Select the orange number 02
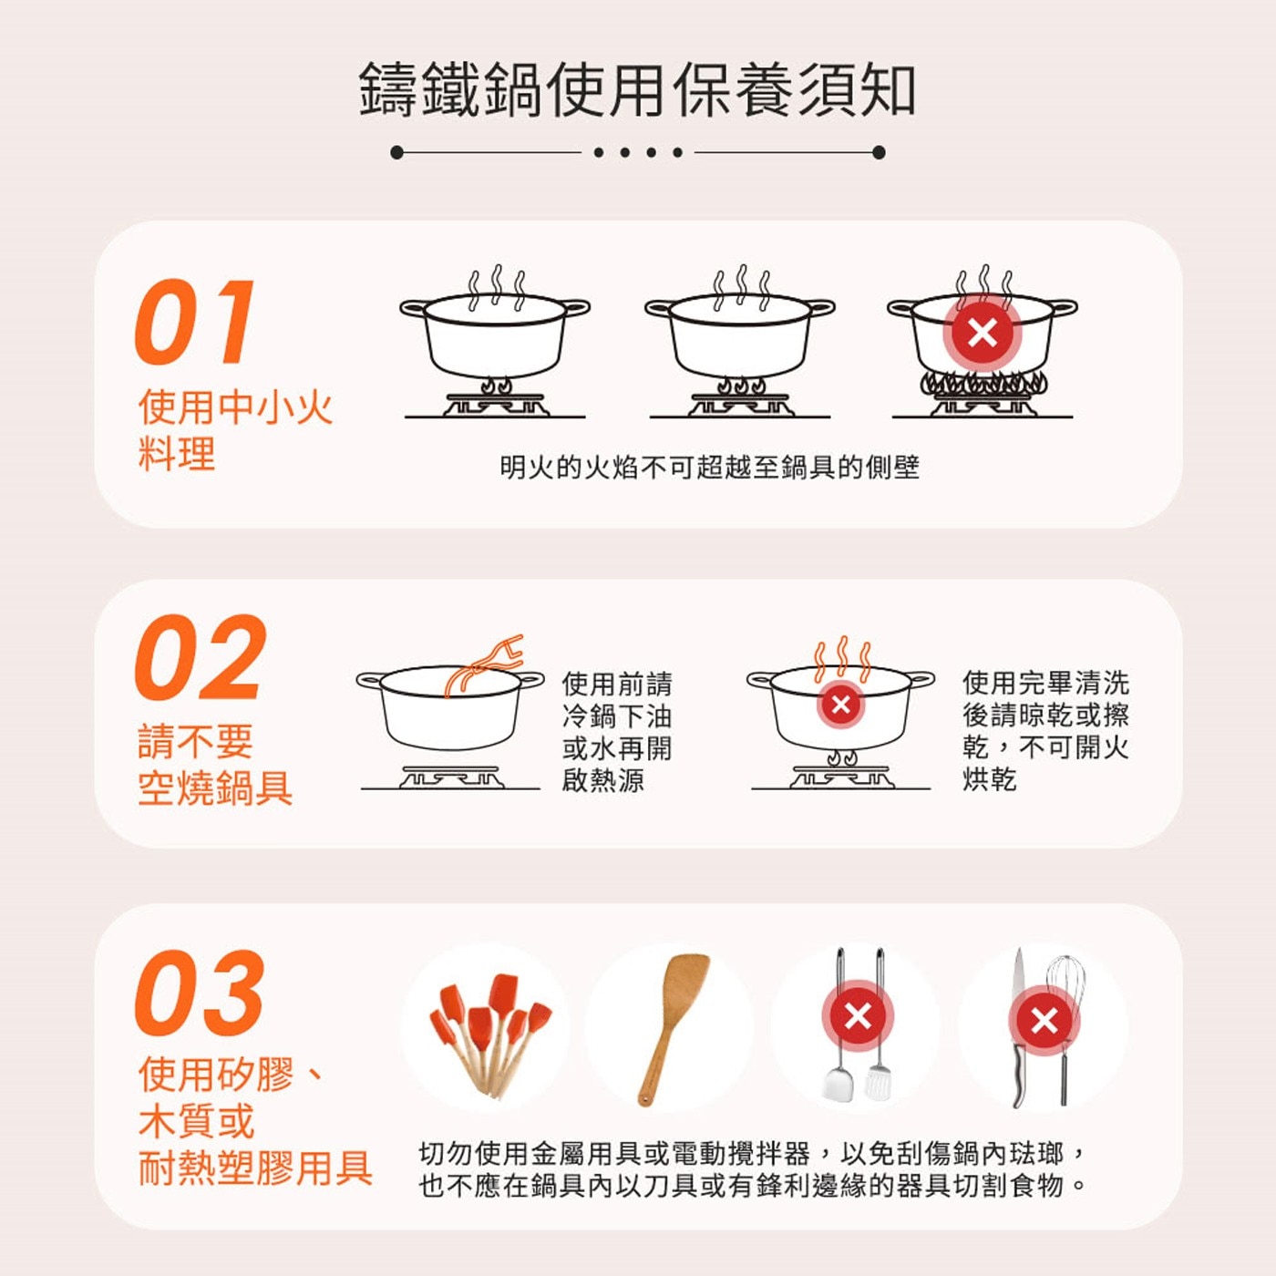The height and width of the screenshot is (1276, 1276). (201, 657)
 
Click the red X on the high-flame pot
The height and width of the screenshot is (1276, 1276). (982, 333)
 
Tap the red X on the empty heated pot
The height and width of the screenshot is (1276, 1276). (840, 704)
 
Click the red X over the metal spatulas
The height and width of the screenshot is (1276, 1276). (858, 1016)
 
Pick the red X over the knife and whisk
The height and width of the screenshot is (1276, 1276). (1044, 1021)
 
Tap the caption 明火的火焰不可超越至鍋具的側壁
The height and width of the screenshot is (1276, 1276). (710, 468)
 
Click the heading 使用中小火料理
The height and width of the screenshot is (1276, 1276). (235, 430)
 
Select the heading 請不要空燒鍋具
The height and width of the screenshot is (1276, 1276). (215, 765)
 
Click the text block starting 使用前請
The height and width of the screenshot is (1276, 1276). (616, 732)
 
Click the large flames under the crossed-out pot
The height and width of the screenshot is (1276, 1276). (983, 384)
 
